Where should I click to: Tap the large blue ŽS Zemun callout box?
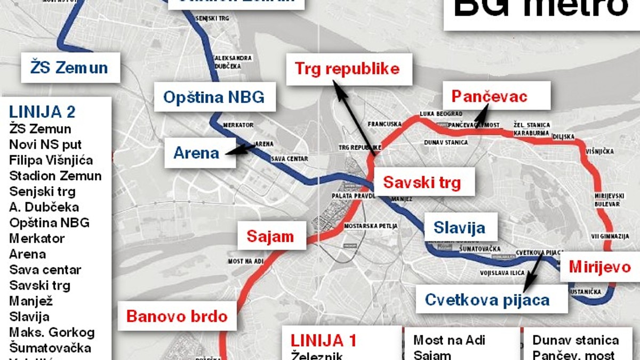tap(70, 68)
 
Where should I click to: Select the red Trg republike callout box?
tap(347, 69)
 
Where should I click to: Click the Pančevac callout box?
tap(489, 96)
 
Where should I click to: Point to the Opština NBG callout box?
tap(214, 97)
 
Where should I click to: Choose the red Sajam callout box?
tap(270, 237)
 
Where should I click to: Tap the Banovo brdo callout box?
tap(177, 316)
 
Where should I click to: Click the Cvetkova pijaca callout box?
tap(487, 299)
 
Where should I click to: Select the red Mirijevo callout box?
tap(599, 267)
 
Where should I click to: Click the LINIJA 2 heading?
tap(42, 112)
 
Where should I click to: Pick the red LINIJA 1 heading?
tap(323, 340)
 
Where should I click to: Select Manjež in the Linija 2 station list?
tap(31, 301)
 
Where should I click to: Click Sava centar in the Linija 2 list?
tap(45, 269)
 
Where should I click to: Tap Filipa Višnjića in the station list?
tap(51, 160)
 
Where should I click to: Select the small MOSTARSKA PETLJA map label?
tap(371, 226)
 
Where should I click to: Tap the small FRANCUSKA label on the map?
tap(385, 124)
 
